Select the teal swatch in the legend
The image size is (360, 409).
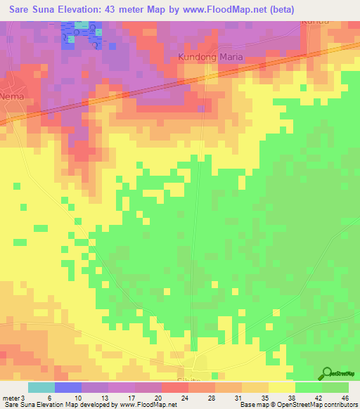coord(41,387)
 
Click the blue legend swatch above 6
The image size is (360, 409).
coord(68,387)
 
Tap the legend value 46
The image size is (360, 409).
coord(345,396)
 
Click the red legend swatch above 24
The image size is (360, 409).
coord(175,387)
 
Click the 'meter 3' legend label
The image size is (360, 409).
coord(15,396)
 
